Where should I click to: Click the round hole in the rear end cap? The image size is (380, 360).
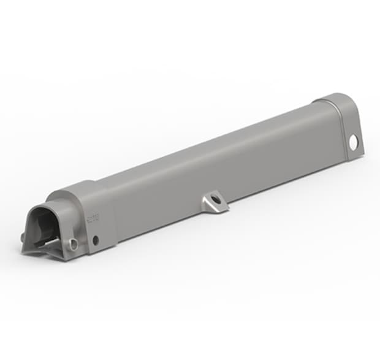point(354,142)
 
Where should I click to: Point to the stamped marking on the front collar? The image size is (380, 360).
point(94,217)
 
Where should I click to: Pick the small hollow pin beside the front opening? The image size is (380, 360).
point(74,245)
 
